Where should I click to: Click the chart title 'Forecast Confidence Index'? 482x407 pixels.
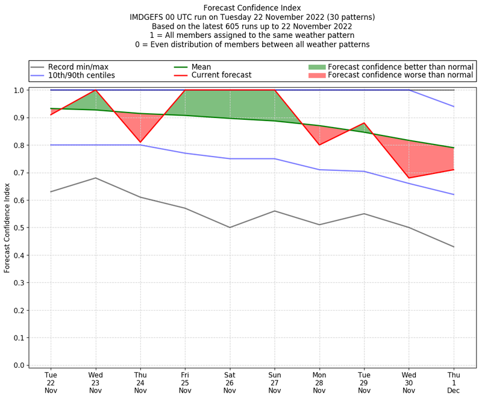(x=252, y=8)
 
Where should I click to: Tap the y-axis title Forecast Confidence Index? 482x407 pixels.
(x=7, y=228)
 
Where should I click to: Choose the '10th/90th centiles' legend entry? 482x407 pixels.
(x=81, y=75)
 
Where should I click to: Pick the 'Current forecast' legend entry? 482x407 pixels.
(x=221, y=75)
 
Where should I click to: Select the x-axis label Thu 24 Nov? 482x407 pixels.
(x=140, y=382)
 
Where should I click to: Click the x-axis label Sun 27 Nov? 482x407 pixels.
(x=275, y=382)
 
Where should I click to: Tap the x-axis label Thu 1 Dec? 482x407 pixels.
(x=454, y=382)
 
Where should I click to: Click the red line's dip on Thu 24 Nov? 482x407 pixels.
(x=140, y=142)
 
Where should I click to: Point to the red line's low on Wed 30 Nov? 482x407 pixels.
(x=409, y=178)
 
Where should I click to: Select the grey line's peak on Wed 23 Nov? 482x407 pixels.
(x=95, y=178)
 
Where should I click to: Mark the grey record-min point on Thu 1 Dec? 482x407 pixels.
(x=454, y=247)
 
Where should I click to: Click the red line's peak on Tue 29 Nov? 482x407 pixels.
(x=365, y=123)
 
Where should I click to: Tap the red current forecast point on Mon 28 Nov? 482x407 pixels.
(x=319, y=145)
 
